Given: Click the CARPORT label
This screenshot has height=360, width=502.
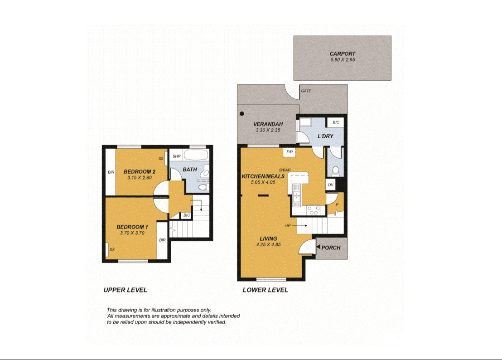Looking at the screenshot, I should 342,54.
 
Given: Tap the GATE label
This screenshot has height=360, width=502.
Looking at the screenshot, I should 306,91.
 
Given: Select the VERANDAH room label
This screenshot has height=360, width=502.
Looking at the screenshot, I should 268,124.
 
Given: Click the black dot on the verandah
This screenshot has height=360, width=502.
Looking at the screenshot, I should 242,113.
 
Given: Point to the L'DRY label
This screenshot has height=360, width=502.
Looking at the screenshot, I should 325,136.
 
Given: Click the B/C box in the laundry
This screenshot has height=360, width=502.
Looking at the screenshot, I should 336,122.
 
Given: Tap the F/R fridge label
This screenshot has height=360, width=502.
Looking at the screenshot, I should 289,152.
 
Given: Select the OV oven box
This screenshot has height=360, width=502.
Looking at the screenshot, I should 330,185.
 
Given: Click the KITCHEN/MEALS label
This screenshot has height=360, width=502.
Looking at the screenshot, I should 263,176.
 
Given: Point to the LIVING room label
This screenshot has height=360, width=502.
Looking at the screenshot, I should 268,238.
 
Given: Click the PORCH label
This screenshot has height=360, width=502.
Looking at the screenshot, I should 331,248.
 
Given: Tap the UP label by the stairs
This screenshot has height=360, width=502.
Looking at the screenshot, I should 288,225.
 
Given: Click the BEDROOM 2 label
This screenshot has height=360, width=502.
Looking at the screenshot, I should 140,171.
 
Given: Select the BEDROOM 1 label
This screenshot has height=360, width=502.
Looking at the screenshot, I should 132,227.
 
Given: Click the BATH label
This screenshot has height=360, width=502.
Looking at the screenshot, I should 189,170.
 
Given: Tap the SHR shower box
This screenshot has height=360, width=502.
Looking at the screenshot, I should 177,156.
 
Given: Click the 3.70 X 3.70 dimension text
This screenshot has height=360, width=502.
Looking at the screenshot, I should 132,233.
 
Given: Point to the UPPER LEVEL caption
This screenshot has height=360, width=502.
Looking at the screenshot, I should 125,290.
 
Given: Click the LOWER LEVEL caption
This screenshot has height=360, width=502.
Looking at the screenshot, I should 265,290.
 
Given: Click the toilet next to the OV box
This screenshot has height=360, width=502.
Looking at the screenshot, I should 336,170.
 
